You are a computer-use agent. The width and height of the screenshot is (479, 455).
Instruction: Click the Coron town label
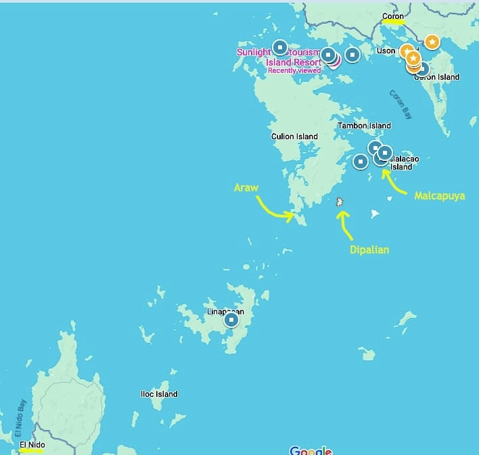point(392,16)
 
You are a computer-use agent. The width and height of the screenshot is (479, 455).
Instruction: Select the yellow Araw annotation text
point(246,187)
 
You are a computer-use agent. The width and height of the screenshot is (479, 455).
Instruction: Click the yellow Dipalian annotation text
point(369,249)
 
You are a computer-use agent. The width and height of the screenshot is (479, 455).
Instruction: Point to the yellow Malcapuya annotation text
point(439,195)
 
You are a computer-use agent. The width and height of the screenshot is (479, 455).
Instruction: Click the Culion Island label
point(294,137)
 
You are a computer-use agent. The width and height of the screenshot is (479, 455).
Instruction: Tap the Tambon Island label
point(364,126)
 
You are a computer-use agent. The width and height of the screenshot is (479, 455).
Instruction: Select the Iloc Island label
point(159,394)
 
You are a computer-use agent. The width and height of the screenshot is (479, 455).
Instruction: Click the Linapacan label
point(224,312)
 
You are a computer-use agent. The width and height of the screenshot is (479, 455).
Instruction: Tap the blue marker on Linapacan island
point(231,319)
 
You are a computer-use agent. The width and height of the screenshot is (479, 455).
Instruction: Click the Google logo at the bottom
point(311,450)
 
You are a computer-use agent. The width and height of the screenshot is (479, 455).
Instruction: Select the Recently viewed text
point(294,70)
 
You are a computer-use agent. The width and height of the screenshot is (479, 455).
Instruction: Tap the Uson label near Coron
point(386,51)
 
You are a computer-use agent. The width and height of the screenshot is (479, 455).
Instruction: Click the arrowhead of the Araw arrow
point(292,216)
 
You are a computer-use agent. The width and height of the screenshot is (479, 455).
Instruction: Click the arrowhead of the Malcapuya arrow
point(383,170)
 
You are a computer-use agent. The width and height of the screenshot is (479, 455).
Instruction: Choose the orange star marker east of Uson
point(432,42)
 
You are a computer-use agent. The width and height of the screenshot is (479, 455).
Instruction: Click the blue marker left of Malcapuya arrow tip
point(361,161)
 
